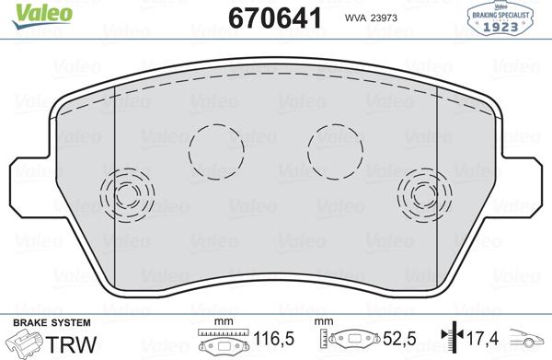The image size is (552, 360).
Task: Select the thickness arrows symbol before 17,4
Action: pyautogui.click(x=448, y=342)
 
